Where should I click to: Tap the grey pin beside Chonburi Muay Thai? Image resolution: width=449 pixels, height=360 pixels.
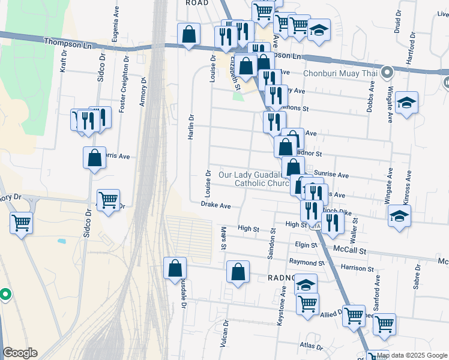click(387, 73)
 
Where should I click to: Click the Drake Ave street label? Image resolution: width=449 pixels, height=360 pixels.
click(216, 205)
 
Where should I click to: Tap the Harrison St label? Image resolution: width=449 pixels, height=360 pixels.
click(357, 268)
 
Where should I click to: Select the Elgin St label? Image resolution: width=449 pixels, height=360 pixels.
click(306, 245)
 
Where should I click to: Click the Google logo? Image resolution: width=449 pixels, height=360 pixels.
click(20, 353)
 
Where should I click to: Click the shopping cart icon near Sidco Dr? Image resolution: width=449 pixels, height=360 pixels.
click(108, 200)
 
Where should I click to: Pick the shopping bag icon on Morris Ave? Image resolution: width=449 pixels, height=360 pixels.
click(95, 158)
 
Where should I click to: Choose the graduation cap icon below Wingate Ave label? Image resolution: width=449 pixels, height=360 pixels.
click(406, 103)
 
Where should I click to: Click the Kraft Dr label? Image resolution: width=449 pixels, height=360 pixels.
click(64, 61)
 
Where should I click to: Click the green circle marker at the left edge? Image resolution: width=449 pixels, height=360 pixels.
click(5, 295)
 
